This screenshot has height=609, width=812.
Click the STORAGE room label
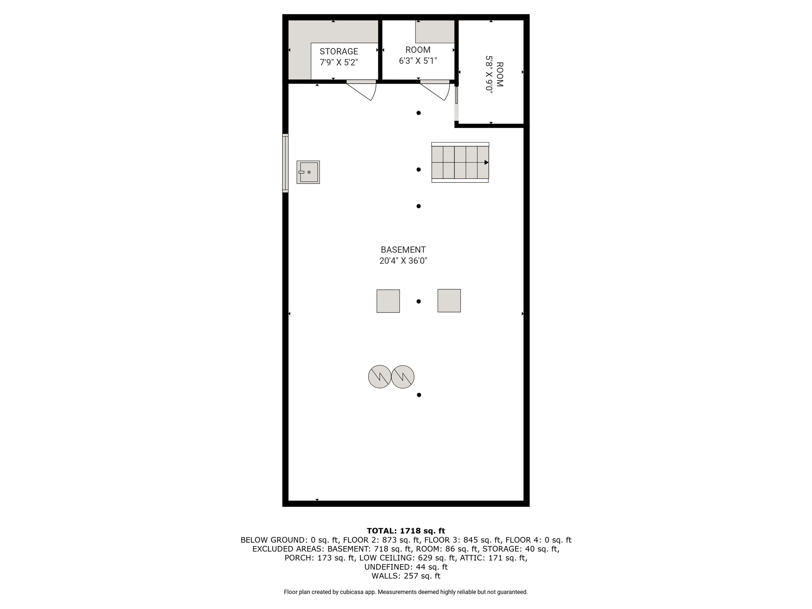(339, 52)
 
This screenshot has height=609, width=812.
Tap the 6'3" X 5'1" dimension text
(418, 61)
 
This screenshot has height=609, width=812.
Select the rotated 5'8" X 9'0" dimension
(489, 75)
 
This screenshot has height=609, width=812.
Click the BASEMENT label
(403, 250)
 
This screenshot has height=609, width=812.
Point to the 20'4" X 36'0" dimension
(403, 261)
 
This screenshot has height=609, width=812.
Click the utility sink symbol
(308, 172)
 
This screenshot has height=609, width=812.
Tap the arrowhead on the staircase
(486, 163)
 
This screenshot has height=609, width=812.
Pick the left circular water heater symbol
(380, 377)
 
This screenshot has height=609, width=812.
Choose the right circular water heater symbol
(403, 377)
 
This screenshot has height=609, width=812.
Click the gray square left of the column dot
(388, 301)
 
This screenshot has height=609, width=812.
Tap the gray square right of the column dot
(449, 301)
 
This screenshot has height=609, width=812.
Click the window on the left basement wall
(285, 163)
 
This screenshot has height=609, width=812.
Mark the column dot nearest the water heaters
(419, 395)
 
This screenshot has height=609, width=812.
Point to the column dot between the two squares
(419, 301)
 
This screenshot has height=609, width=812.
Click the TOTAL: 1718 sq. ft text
(406, 531)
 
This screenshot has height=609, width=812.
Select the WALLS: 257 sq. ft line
(406, 576)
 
